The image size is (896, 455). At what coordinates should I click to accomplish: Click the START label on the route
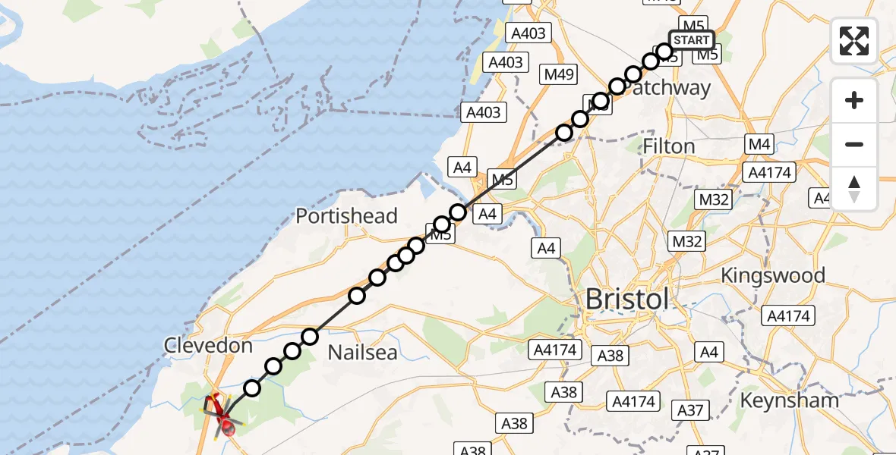[691, 40]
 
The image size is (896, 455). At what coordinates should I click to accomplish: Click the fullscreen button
[854, 41]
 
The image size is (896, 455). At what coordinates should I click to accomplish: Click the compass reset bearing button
[854, 189]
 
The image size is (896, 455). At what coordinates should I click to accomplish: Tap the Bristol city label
[627, 299]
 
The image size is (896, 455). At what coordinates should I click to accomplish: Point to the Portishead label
[346, 216]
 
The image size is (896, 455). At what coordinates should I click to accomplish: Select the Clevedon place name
[208, 346]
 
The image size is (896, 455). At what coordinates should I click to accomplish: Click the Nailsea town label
[362, 352]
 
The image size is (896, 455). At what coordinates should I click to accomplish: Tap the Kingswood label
[773, 275]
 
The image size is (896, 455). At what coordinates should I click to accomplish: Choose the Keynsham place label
[790, 400]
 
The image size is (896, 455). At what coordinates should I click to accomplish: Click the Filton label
[669, 146]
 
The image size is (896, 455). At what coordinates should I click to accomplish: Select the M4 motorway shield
[759, 144]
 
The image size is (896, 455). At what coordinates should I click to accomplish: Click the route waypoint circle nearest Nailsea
[310, 336]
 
